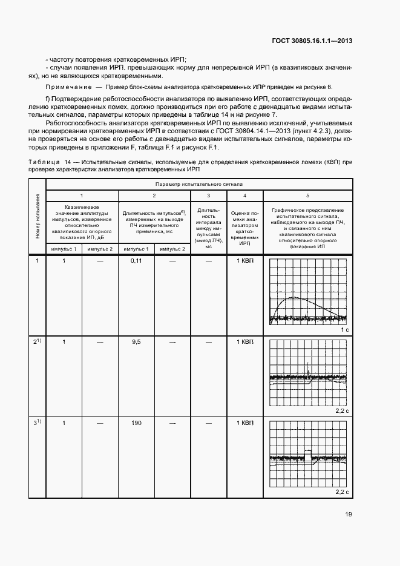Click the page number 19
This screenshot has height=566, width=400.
pyautogui.click(x=347, y=515)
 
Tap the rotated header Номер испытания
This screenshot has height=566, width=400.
pyautogui.click(x=37, y=216)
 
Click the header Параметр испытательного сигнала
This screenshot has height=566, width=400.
pyautogui.click(x=198, y=182)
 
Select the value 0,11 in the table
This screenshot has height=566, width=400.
pyautogui.click(x=136, y=260)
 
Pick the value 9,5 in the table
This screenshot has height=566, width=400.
pyautogui.click(x=136, y=342)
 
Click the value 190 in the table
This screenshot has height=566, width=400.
pyautogui.click(x=136, y=423)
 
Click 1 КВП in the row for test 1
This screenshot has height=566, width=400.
pyautogui.click(x=244, y=260)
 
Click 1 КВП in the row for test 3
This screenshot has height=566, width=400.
pyautogui.click(x=244, y=423)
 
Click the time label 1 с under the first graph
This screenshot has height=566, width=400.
pyautogui.click(x=344, y=330)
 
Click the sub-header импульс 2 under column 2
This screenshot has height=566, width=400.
pyautogui.click(x=172, y=249)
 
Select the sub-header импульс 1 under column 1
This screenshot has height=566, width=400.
pyautogui.click(x=64, y=249)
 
